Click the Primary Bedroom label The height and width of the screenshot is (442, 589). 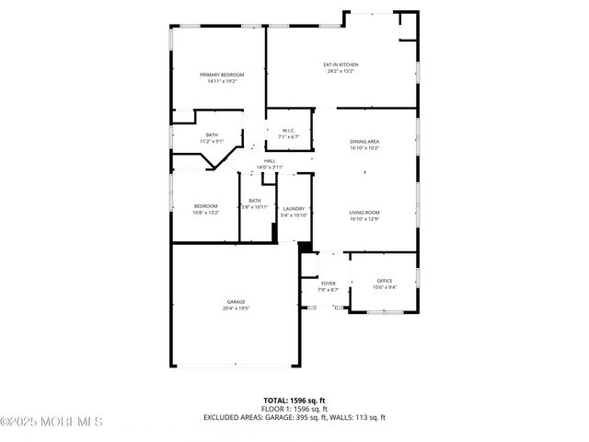pos(222,74)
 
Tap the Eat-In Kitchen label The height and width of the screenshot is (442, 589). pos(340,64)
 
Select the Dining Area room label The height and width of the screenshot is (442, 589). pos(364,141)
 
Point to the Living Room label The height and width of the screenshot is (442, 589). pos(364,213)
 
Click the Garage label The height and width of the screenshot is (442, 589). pos(237,302)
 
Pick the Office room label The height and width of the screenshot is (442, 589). pos(384,281)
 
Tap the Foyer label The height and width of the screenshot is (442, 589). pos(329,284)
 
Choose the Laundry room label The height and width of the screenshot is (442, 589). pos(294,209)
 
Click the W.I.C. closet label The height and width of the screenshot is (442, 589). pos(287,130)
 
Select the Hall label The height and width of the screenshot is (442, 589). pos(270,161)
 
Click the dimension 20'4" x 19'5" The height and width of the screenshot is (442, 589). pos(237,309)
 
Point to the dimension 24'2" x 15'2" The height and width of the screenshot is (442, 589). pos(340,71)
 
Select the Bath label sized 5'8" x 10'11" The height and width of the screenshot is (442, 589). pos(255,200)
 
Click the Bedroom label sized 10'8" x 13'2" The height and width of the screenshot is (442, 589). pos(205,205)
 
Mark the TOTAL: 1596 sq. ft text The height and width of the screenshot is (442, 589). pos(294,401)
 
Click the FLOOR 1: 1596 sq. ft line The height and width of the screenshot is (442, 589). pos(294,409)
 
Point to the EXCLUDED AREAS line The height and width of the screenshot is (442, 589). pos(294,417)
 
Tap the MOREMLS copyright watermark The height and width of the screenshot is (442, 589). pos(52,422)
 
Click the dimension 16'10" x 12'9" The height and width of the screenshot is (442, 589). pos(364,219)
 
